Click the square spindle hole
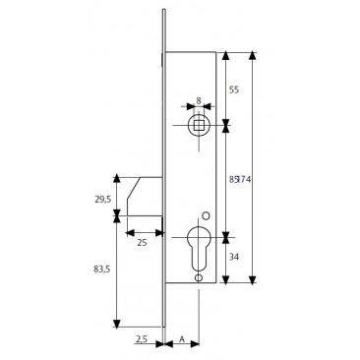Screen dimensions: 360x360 pyautogui.click(x=199, y=125)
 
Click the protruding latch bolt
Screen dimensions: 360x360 pyautogui.click(x=144, y=196)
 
